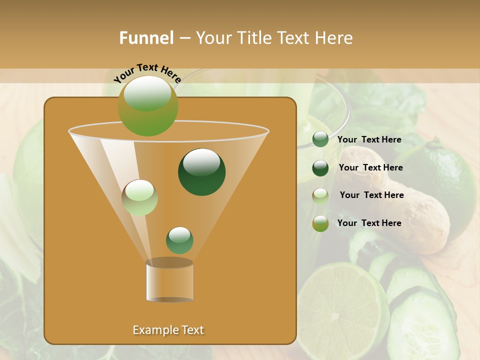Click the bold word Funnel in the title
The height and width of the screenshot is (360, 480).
(146, 38)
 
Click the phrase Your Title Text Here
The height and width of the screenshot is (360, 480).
(274, 38)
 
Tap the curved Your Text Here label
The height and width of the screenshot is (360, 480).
(147, 73)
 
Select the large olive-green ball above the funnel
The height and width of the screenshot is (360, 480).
(147, 106)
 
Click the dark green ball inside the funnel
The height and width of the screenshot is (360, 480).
(201, 172)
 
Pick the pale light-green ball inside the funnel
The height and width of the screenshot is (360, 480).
(139, 197)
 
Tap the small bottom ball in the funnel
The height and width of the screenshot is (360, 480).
(179, 240)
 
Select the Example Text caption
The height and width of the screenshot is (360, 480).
(168, 330)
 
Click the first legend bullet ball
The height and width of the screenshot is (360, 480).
(320, 139)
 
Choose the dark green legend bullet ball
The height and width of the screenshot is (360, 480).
(320, 168)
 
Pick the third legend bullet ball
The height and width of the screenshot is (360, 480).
(320, 196)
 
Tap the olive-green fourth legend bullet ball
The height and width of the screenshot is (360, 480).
(320, 223)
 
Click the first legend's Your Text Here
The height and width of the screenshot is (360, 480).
(369, 139)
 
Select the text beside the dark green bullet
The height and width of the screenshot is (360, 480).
(370, 167)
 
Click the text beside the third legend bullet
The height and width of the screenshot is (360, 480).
(371, 195)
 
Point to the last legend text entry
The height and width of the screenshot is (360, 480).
(369, 223)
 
